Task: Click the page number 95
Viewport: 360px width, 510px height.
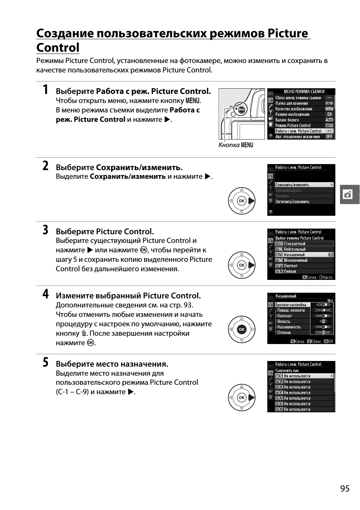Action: click(345, 488)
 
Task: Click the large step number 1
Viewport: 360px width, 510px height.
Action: click(45, 90)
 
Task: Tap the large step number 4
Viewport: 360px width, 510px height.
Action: click(45, 294)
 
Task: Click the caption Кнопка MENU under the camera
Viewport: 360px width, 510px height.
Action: click(236, 145)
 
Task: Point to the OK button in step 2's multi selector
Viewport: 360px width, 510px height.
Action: click(242, 201)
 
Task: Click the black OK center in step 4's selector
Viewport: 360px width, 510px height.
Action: click(242, 329)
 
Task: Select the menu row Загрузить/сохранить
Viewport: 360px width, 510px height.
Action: click(292, 202)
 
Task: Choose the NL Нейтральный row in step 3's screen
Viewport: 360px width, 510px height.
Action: click(294, 249)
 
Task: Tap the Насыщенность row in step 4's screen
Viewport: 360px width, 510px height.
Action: click(289, 327)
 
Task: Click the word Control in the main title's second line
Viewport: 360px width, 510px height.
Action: click(58, 48)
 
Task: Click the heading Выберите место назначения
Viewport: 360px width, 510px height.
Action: click(112, 364)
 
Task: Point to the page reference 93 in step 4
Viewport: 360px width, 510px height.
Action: click(188, 305)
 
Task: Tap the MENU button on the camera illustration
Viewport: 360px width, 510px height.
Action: click(242, 110)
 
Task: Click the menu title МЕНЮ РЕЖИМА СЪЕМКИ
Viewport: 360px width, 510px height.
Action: click(304, 92)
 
